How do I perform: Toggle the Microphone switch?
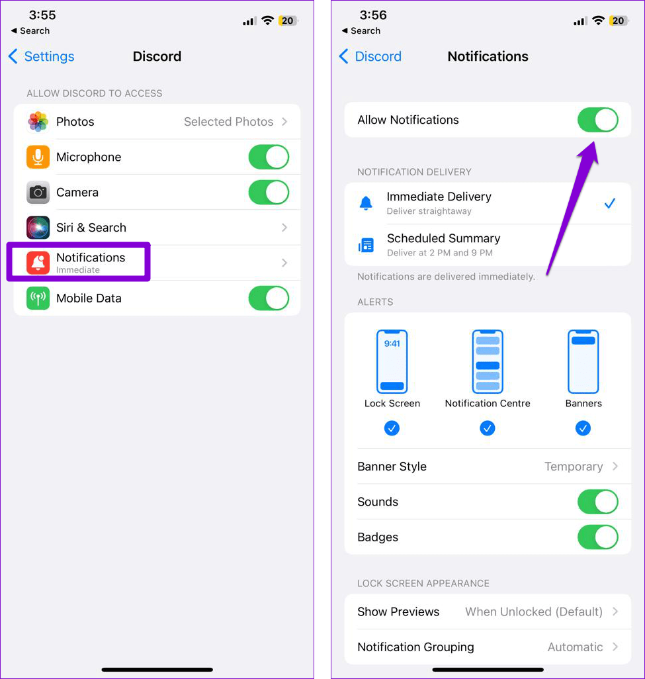point(269,157)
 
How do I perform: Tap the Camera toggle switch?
point(269,193)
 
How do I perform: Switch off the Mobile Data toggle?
point(269,298)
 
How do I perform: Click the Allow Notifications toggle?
point(597,120)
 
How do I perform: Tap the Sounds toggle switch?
point(597,502)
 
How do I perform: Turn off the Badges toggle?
point(597,537)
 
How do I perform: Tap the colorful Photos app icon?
point(38,122)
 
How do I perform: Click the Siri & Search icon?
point(38,228)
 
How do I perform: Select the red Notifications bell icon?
point(38,263)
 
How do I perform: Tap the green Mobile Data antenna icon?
point(38,298)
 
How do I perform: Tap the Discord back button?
point(370,57)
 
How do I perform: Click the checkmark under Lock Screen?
point(392,429)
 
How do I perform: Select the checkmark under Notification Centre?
point(488,429)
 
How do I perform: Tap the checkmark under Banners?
point(583,429)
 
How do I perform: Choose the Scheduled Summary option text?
point(443,239)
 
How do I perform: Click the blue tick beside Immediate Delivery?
point(609,203)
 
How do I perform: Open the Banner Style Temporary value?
point(574,467)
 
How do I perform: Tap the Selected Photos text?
point(228,122)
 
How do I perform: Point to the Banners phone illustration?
point(583,361)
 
